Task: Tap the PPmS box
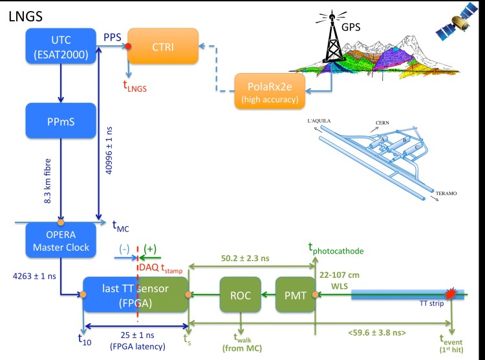pyautogui.click(x=59, y=120)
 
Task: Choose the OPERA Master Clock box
pyautogui.click(x=59, y=238)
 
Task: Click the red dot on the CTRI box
pyautogui.click(x=128, y=46)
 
